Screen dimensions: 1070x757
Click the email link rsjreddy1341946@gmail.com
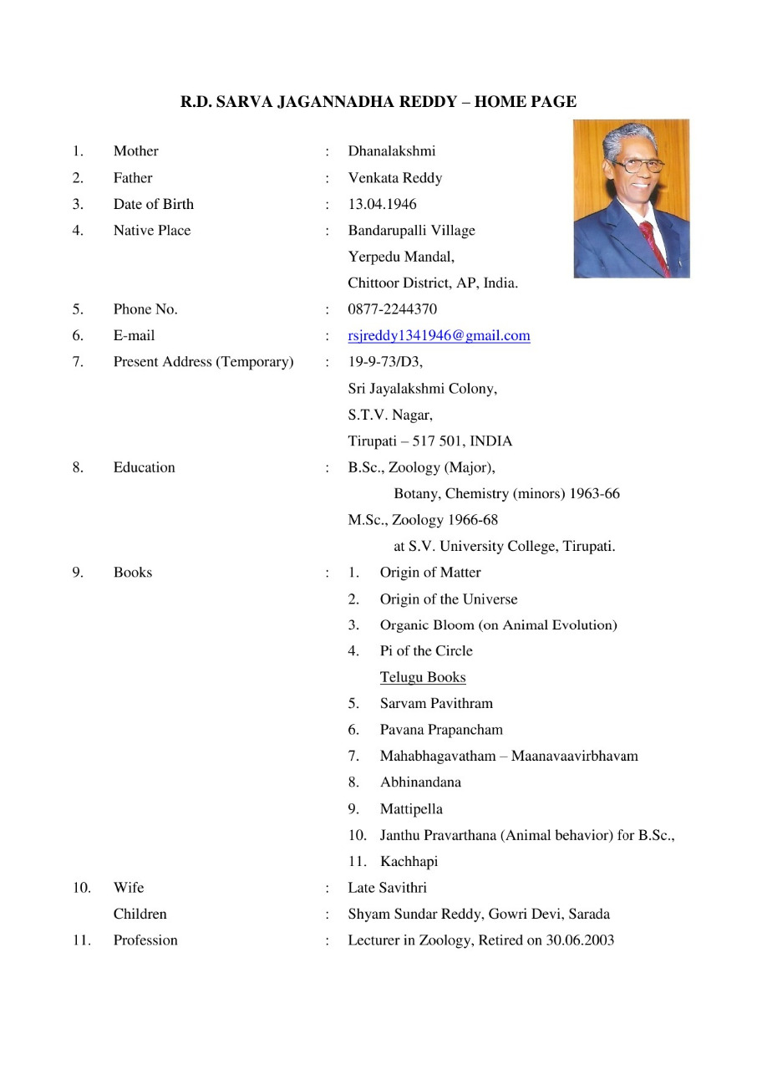439,336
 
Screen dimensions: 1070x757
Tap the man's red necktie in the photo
653,242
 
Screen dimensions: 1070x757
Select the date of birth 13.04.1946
382,204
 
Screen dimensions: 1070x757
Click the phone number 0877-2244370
392,309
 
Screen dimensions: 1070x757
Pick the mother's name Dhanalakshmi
391,151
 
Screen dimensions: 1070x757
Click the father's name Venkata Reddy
394,178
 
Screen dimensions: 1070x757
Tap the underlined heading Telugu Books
423,677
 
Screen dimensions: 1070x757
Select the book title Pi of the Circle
426,651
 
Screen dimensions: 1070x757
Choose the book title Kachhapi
409,861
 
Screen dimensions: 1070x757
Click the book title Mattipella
411,809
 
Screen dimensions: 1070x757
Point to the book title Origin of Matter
430,573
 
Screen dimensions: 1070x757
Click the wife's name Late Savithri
387,888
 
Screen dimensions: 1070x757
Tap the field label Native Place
152,231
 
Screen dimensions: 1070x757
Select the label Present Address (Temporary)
203,362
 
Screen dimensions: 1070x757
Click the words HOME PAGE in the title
526,102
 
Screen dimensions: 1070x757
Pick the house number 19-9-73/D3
385,362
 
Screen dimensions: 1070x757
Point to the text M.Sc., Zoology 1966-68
423,520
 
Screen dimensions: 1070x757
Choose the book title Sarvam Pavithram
436,704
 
